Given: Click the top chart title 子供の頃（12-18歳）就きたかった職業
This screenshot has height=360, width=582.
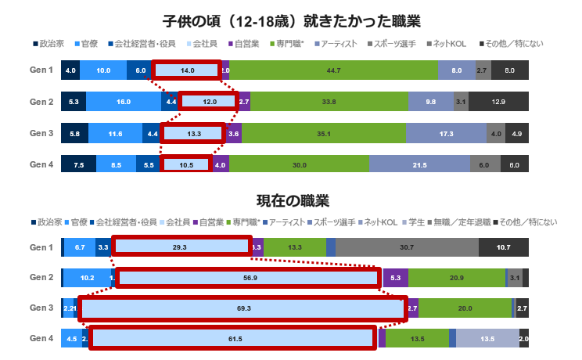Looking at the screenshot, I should point(291,19).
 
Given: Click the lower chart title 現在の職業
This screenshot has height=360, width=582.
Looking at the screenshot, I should point(291,201).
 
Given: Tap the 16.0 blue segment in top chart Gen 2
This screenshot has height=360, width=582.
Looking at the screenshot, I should point(123,102).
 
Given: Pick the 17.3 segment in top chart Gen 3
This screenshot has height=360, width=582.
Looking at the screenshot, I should point(446,133).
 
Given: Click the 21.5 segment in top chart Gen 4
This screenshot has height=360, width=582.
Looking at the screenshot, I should point(419,164).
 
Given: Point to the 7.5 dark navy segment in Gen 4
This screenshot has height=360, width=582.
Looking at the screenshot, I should point(78,164).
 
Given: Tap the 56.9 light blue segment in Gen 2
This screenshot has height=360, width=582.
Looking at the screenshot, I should point(249,278).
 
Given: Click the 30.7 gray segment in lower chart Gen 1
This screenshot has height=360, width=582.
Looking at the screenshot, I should point(407,247).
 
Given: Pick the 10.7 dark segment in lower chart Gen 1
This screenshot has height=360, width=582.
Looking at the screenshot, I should point(504,247).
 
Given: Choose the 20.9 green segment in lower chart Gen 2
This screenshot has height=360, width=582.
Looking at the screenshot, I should point(456,278).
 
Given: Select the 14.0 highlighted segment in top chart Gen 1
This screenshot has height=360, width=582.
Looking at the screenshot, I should point(187,70).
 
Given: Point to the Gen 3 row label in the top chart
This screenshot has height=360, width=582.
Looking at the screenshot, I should point(41,133).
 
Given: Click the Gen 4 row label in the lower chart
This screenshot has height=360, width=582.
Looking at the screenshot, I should point(41,339).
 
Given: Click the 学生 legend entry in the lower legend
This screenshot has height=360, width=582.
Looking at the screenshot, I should point(415,222).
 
